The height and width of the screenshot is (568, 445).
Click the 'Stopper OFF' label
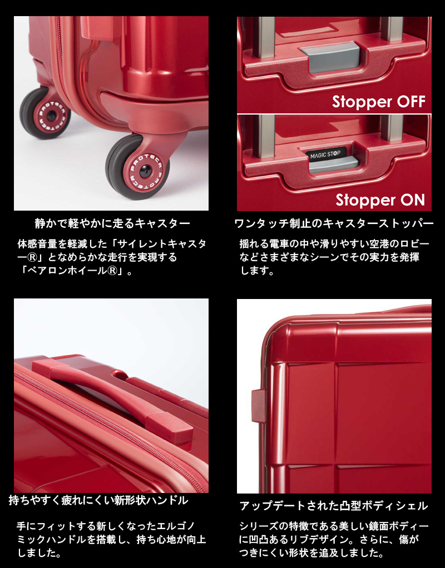379,102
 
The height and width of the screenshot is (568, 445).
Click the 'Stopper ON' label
380,200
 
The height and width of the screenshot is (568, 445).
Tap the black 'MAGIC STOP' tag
327,153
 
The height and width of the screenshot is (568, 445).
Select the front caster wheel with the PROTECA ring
137,166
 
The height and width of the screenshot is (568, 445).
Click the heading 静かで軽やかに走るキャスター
112,224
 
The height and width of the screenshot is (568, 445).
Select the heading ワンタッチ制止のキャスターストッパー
334,224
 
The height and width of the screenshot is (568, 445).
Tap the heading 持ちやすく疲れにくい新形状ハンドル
98,500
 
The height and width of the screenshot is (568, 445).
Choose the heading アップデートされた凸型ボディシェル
334,506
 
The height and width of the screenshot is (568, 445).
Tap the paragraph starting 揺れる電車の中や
334,258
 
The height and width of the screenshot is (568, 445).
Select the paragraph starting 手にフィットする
111,539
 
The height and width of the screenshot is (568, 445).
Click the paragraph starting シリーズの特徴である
334,539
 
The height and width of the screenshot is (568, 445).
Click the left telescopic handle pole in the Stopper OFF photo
264,36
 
